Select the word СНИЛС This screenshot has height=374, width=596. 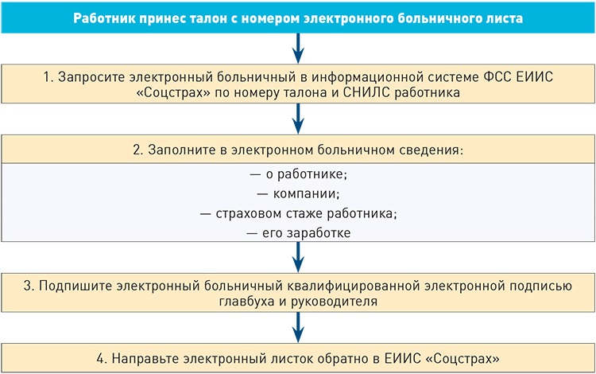click(x=366, y=92)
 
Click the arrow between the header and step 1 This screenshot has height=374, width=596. click(x=298, y=49)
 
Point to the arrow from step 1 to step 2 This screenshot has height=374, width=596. click(x=298, y=119)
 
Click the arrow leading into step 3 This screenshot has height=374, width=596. click(x=298, y=257)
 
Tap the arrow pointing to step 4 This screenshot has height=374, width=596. click(x=298, y=327)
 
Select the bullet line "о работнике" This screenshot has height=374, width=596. click(x=298, y=174)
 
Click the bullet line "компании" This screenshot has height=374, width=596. click(x=298, y=193)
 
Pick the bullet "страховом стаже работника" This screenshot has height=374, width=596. click(x=298, y=213)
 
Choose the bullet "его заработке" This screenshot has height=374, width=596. click(x=298, y=233)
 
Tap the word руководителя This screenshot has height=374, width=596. click(x=334, y=302)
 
